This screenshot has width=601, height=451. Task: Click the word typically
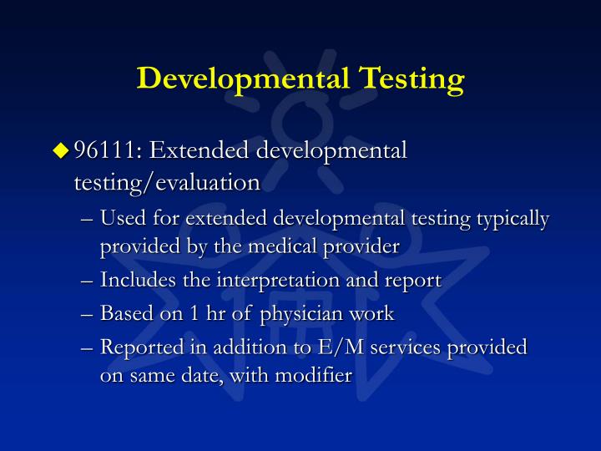point(513,219)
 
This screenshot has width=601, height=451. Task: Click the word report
point(415,281)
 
